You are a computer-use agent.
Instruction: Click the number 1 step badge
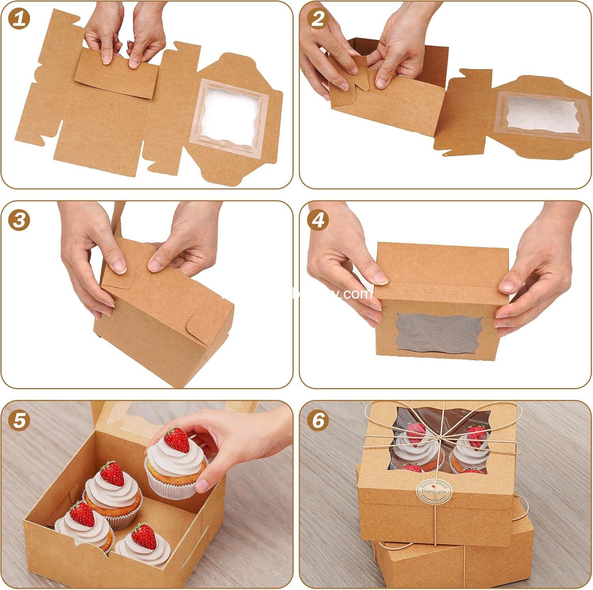coord(19,19)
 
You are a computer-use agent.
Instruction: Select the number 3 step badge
coord(19,220)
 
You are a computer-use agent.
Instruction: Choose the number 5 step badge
coord(19,420)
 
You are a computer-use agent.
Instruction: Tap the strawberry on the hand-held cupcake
coord(176,439)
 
